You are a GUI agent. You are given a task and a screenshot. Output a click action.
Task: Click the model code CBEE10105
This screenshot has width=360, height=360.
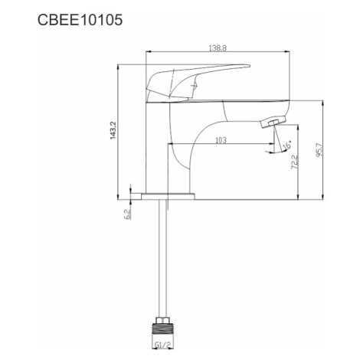(x=80, y=20)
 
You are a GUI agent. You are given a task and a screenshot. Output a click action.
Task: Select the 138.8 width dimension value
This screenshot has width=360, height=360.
(x=218, y=48)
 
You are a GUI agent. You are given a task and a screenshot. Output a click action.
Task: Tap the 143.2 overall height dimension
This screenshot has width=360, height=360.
(x=113, y=130)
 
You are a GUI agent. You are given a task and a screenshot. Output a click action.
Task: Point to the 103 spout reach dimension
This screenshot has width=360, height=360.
(x=221, y=140)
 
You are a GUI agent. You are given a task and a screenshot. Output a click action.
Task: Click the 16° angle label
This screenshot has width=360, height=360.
(x=287, y=146)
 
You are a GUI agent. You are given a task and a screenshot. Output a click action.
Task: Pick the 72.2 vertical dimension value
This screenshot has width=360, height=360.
(x=295, y=162)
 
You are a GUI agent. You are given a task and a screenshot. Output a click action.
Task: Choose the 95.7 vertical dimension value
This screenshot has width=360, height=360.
(x=319, y=150)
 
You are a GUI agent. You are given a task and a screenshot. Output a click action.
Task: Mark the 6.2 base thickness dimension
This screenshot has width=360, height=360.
(x=127, y=214)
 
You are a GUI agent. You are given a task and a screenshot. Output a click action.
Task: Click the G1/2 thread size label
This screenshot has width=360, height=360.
(x=162, y=345)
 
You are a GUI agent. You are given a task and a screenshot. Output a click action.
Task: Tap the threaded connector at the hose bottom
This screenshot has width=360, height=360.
(x=162, y=328)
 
